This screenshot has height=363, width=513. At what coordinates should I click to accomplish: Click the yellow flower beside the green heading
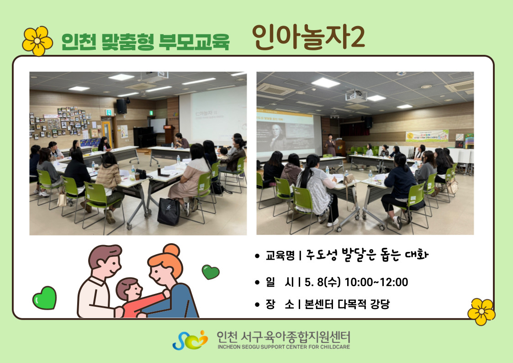click(37, 41)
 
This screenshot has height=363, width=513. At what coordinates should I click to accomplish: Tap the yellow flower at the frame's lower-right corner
click(481, 312)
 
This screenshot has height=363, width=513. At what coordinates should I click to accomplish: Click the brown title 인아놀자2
click(308, 37)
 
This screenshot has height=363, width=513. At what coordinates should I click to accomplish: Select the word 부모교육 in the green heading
click(194, 42)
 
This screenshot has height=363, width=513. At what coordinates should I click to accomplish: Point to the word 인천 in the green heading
click(79, 42)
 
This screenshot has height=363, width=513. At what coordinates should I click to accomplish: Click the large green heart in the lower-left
click(44, 298)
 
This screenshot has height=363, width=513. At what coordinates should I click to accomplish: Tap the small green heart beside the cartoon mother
click(211, 272)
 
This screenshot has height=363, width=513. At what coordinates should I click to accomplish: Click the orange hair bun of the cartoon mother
click(171, 250)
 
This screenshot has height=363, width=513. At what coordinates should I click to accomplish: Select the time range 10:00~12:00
click(376, 282)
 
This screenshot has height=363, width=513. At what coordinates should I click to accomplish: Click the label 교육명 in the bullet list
click(280, 255)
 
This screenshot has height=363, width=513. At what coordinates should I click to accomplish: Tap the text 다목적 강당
click(364, 304)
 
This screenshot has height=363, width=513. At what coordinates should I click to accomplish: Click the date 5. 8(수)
click(323, 282)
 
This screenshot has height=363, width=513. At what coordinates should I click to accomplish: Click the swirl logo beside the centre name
click(190, 340)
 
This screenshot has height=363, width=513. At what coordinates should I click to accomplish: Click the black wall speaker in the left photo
click(122, 106)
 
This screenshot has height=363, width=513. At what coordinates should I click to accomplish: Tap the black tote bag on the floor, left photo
click(169, 212)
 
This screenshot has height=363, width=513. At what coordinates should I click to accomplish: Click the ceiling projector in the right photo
click(356, 96)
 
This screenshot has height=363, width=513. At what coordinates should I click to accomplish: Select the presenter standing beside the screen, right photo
click(331, 144)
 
